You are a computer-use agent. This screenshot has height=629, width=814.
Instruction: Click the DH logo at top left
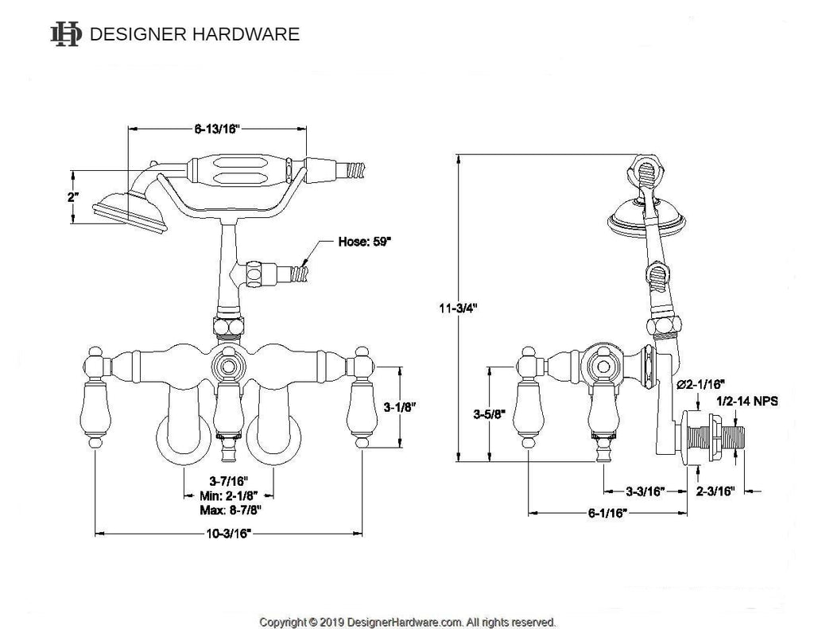65,33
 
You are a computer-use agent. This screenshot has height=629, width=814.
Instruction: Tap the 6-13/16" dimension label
217,129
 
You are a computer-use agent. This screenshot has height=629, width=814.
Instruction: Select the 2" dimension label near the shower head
73,196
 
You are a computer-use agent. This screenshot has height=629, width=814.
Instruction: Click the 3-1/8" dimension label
401,406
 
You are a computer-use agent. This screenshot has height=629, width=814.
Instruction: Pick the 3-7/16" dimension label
230,480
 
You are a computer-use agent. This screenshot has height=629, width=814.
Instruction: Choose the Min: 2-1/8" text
230,495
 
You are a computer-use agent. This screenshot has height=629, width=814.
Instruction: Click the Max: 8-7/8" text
230,509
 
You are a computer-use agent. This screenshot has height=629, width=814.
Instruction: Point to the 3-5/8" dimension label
486,414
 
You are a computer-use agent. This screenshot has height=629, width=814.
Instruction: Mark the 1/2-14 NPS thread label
747,402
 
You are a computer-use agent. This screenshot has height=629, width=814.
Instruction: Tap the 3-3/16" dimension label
645,491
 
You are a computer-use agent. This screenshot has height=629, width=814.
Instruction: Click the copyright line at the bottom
408,621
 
